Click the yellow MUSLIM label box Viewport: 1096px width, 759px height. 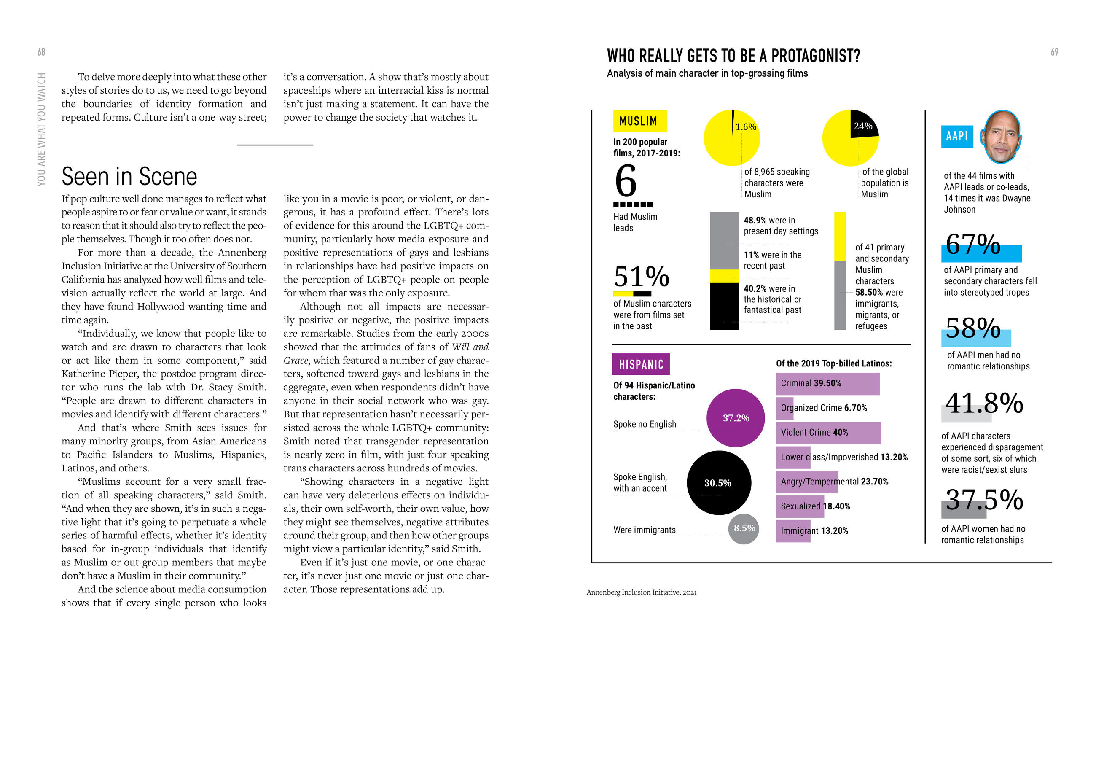pyautogui.click(x=639, y=121)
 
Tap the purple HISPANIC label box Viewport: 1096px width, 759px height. pyautogui.click(x=641, y=364)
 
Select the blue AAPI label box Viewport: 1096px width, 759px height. pyautogui.click(x=957, y=137)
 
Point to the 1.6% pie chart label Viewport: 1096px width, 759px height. pyautogui.click(x=745, y=127)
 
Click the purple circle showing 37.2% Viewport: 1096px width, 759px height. pyautogui.click(x=735, y=418)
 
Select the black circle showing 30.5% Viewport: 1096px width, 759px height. pyautogui.click(x=718, y=483)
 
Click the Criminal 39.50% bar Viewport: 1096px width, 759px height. pyautogui.click(x=827, y=384)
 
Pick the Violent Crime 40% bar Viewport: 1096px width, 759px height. pyautogui.click(x=828, y=433)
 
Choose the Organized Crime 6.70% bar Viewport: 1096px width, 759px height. pyautogui.click(x=784, y=409)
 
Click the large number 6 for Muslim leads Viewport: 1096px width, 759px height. pyautogui.click(x=626, y=181)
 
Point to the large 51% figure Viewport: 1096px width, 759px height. pyautogui.click(x=641, y=276)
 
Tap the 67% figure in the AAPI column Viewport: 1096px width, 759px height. pyautogui.click(x=973, y=245)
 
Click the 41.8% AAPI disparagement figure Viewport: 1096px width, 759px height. pyautogui.click(x=983, y=403)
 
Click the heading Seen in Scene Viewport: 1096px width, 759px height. pyautogui.click(x=129, y=176)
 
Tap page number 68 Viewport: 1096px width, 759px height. pyautogui.click(x=41, y=52)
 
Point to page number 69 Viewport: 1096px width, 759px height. pyautogui.click(x=1054, y=52)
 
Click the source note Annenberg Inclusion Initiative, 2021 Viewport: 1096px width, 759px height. pyautogui.click(x=641, y=592)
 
